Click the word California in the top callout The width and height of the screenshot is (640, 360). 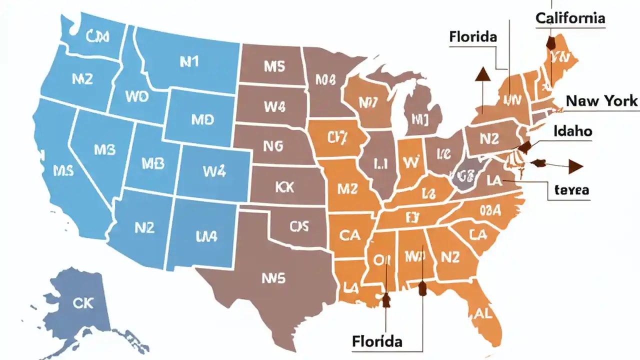pyautogui.click(x=570, y=18)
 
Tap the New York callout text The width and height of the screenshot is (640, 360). pyautogui.click(x=601, y=101)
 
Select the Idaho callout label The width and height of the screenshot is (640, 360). pyautogui.click(x=573, y=131)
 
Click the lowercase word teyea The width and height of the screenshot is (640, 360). pyautogui.click(x=572, y=190)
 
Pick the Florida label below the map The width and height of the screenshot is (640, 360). pyautogui.click(x=377, y=342)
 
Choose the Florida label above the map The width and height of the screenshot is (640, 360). pyautogui.click(x=473, y=36)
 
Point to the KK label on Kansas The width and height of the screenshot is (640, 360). pyautogui.click(x=284, y=187)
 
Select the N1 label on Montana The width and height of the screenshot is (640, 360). pyautogui.click(x=189, y=61)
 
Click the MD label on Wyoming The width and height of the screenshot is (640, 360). pyautogui.click(x=202, y=119)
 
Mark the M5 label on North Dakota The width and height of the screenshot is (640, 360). pyautogui.click(x=274, y=66)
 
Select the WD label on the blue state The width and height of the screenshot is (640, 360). pyautogui.click(x=137, y=97)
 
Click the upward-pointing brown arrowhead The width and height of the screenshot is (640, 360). pyautogui.click(x=482, y=74)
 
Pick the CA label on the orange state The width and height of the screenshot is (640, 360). pyautogui.click(x=349, y=235)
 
